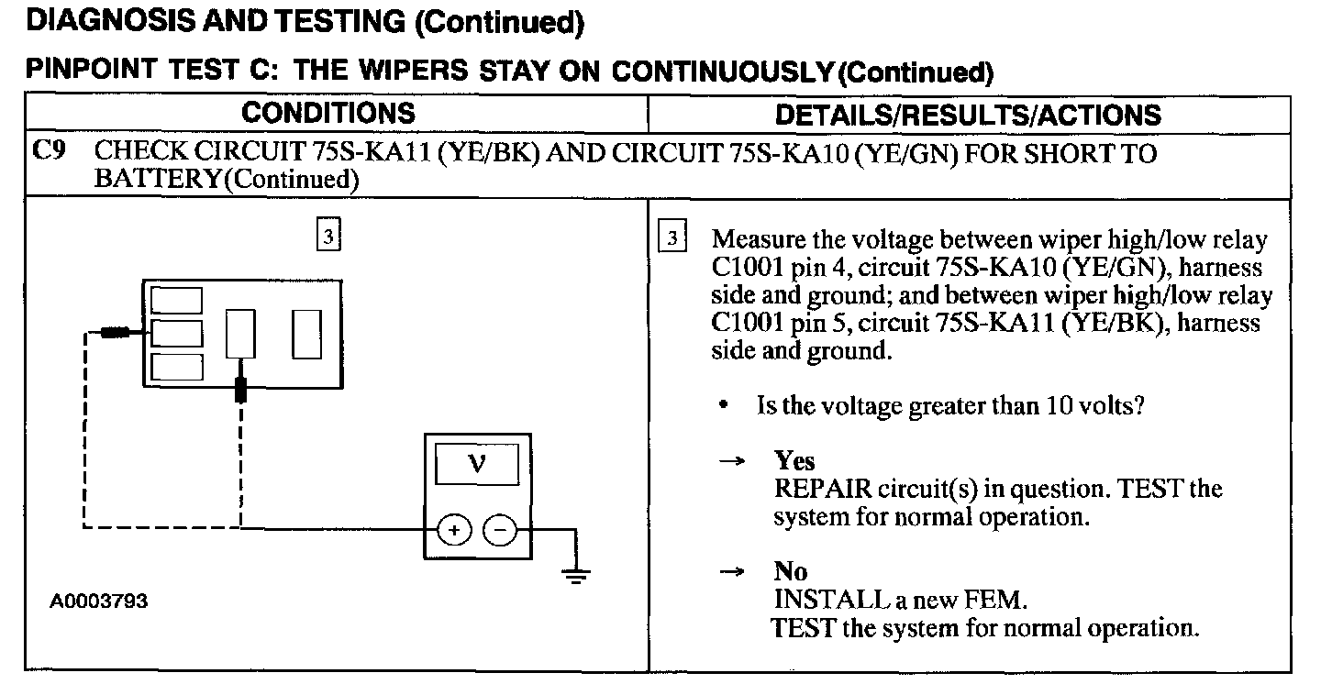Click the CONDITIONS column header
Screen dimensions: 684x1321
[327, 114]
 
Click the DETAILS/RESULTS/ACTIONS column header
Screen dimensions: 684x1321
[968, 116]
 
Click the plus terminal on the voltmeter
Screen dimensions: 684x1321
[455, 530]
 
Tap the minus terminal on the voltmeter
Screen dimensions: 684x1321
[500, 530]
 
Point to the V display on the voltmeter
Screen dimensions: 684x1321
[476, 464]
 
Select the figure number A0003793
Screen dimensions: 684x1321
[99, 601]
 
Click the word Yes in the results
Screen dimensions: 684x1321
[794, 460]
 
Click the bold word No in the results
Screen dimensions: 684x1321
[790, 571]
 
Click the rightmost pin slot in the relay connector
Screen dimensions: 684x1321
[305, 334]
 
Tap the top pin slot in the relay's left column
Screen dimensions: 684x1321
[176, 301]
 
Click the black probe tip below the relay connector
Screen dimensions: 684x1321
[241, 389]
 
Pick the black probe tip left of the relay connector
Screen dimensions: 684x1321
[115, 332]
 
